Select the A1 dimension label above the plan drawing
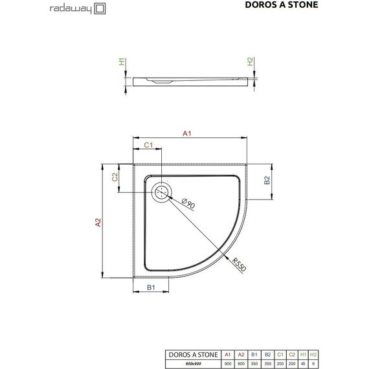click(x=186, y=134)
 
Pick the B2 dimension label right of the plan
click(x=267, y=181)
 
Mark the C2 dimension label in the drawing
click(x=115, y=177)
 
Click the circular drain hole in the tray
click(x=161, y=192)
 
